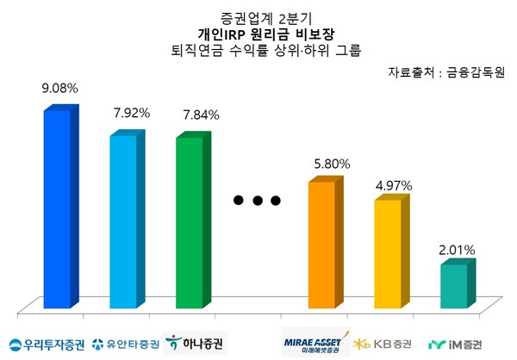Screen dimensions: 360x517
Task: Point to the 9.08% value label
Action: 60,89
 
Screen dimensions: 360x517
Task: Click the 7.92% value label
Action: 133,113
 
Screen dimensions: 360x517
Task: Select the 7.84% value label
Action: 200,115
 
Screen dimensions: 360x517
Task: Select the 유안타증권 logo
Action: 126,344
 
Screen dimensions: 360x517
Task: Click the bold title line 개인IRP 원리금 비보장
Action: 258,34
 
